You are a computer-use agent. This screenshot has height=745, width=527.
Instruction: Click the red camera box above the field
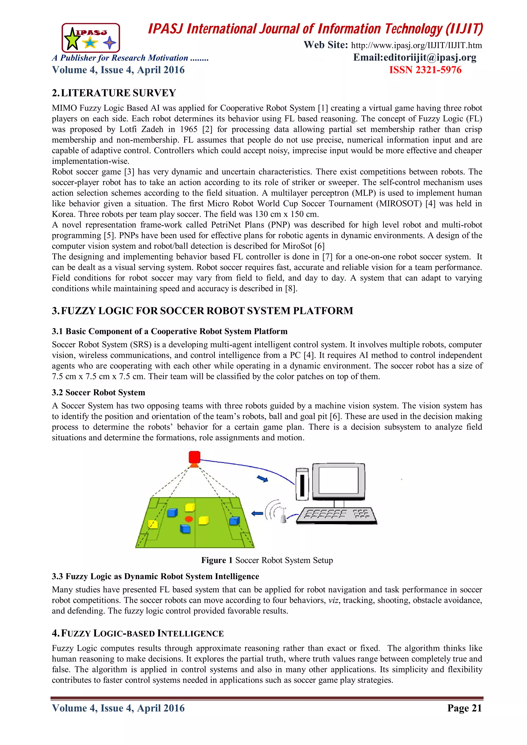coord(194,457)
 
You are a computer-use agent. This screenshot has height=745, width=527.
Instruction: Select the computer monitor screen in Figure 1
coord(338,480)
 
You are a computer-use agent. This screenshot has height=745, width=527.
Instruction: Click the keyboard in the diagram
coord(337,516)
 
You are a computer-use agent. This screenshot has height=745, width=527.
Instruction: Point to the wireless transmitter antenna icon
coord(283,515)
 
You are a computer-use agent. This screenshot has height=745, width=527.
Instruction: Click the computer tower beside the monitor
coord(302,484)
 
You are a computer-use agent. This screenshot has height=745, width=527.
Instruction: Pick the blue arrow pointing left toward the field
coord(257,513)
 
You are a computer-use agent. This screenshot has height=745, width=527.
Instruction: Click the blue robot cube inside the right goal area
coord(234,521)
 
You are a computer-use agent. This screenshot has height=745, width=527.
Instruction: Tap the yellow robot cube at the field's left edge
coord(153,524)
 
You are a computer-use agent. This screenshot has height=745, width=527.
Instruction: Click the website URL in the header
coord(416,46)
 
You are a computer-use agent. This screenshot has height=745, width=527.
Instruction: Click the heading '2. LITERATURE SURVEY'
coord(114,93)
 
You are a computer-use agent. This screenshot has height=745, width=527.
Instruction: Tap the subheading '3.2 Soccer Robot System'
coord(98,393)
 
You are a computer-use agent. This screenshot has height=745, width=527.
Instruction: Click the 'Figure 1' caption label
coord(217,560)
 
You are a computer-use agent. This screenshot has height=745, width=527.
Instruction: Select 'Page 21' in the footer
coord(464,708)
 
